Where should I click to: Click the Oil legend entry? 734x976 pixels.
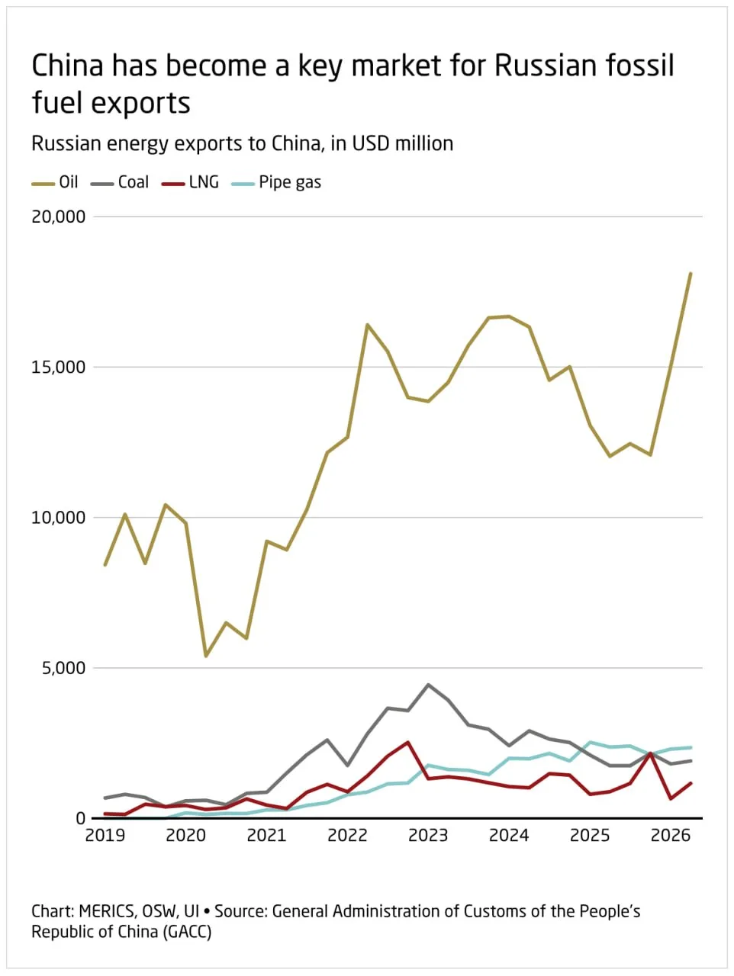pyautogui.click(x=55, y=182)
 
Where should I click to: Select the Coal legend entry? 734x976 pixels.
pyautogui.click(x=120, y=182)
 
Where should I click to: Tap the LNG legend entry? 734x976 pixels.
pyautogui.click(x=190, y=182)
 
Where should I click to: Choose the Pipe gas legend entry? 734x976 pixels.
pyautogui.click(x=276, y=183)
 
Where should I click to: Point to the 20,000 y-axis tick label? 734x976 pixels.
pyautogui.click(x=58, y=217)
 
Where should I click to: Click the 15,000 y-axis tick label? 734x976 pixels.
pyautogui.click(x=58, y=368)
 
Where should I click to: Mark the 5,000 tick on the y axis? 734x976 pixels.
pyautogui.click(x=63, y=668)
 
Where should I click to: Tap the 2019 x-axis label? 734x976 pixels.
pyautogui.click(x=105, y=836)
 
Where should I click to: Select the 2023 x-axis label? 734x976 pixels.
pyautogui.click(x=428, y=836)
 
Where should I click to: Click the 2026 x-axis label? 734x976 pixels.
pyautogui.click(x=671, y=836)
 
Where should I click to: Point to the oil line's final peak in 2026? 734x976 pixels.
pyautogui.click(x=690, y=273)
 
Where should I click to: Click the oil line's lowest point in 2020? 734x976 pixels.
pyautogui.click(x=206, y=656)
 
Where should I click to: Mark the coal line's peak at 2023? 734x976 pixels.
pyautogui.click(x=428, y=685)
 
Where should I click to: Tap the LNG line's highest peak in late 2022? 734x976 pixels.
pyautogui.click(x=407, y=742)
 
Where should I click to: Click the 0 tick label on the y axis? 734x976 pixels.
pyautogui.click(x=81, y=819)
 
